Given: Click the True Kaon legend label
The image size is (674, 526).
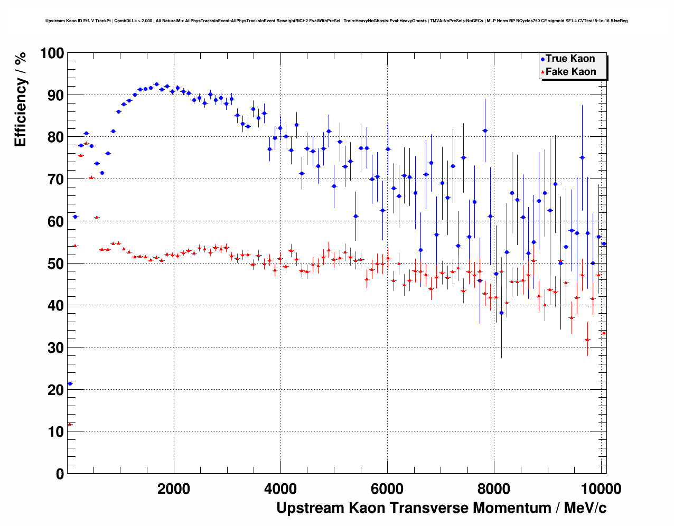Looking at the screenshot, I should [570, 59].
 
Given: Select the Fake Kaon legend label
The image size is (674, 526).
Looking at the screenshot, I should [570, 72].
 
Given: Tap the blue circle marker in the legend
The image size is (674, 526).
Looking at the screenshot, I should [542, 59].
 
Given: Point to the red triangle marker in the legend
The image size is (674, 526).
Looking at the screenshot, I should [542, 72].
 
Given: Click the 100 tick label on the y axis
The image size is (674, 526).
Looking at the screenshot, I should [52, 53].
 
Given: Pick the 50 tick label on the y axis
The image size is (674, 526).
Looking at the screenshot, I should [55, 264].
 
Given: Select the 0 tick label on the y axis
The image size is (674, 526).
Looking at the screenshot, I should [60, 474].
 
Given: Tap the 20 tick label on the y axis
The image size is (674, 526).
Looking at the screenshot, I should [55, 390].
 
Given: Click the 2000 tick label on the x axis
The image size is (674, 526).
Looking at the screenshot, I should [174, 489].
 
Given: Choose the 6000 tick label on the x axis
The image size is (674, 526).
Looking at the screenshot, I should [388, 489].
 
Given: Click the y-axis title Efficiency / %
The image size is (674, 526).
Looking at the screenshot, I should [21, 99].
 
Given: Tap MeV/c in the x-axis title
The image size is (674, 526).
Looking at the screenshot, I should [585, 508].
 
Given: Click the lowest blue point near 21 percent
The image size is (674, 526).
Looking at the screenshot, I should [70, 383].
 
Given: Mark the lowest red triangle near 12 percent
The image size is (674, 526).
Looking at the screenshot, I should [70, 424].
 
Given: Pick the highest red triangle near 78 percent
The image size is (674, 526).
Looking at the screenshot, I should [86, 143].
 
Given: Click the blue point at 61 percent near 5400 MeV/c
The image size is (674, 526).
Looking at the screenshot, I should [355, 216].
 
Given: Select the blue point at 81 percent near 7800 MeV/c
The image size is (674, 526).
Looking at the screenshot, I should [485, 130].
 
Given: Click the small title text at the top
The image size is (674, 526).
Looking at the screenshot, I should [336, 21].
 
